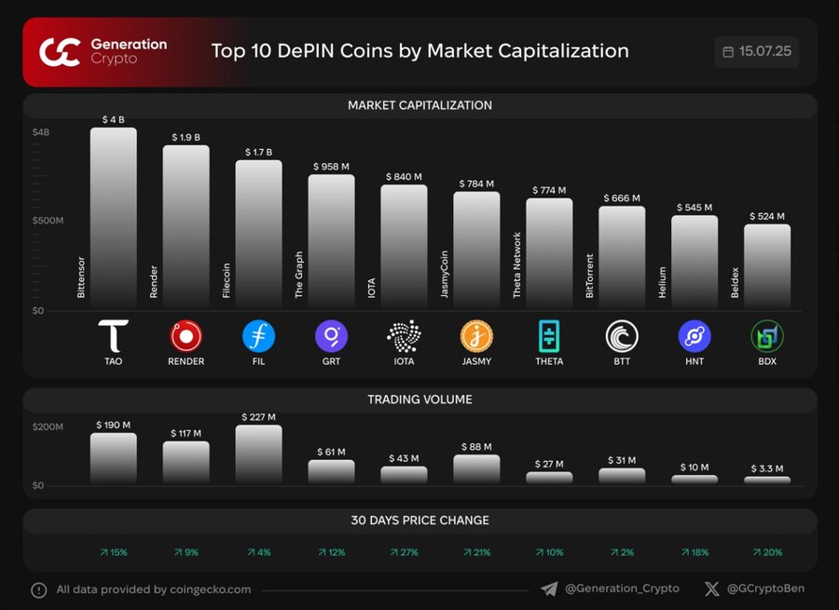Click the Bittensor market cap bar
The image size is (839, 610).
point(113,219)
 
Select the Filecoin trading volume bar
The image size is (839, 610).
point(258,454)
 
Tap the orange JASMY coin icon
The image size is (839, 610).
point(476,335)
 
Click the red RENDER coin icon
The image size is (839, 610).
point(186,335)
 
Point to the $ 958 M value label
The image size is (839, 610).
point(331,167)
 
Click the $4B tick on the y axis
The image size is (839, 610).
point(41,132)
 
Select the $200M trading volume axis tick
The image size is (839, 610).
point(48,427)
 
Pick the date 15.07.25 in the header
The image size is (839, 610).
point(764,51)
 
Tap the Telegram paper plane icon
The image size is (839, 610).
point(549,589)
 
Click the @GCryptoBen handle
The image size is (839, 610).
point(765,589)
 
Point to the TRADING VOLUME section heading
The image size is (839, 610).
point(419,400)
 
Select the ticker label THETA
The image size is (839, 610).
point(549,361)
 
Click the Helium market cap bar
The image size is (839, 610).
point(695,262)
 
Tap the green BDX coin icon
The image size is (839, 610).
point(767,335)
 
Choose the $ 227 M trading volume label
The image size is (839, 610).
point(258,417)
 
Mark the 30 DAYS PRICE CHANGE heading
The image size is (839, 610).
point(419,520)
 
